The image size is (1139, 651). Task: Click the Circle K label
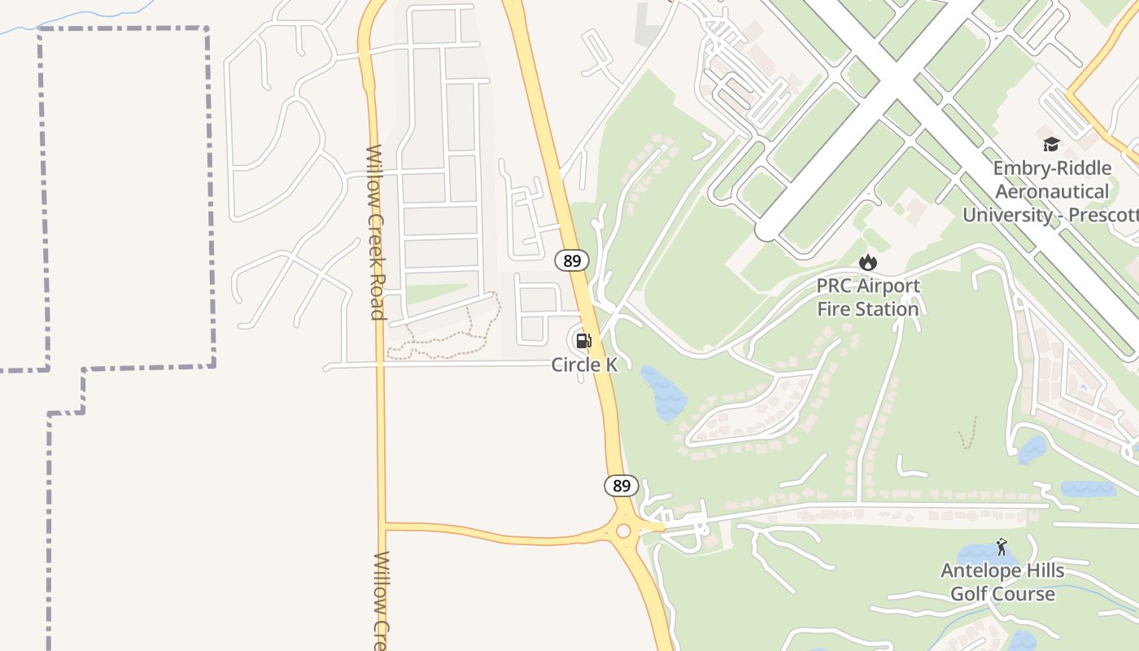(584, 365)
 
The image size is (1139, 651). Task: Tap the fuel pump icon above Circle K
(583, 340)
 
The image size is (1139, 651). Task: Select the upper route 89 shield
(572, 260)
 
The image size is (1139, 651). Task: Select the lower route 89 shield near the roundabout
(621, 486)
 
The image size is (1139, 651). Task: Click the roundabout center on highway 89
(623, 531)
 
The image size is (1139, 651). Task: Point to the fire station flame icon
(868, 262)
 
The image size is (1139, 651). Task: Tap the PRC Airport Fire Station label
(868, 297)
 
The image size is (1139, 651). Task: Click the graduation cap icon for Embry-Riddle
(1051, 145)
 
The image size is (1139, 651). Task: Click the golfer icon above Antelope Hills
(1002, 547)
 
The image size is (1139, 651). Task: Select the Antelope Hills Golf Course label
(1002, 582)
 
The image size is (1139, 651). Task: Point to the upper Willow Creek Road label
(375, 232)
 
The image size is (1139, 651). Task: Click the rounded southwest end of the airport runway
(766, 231)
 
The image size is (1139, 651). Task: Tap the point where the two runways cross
(892, 77)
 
